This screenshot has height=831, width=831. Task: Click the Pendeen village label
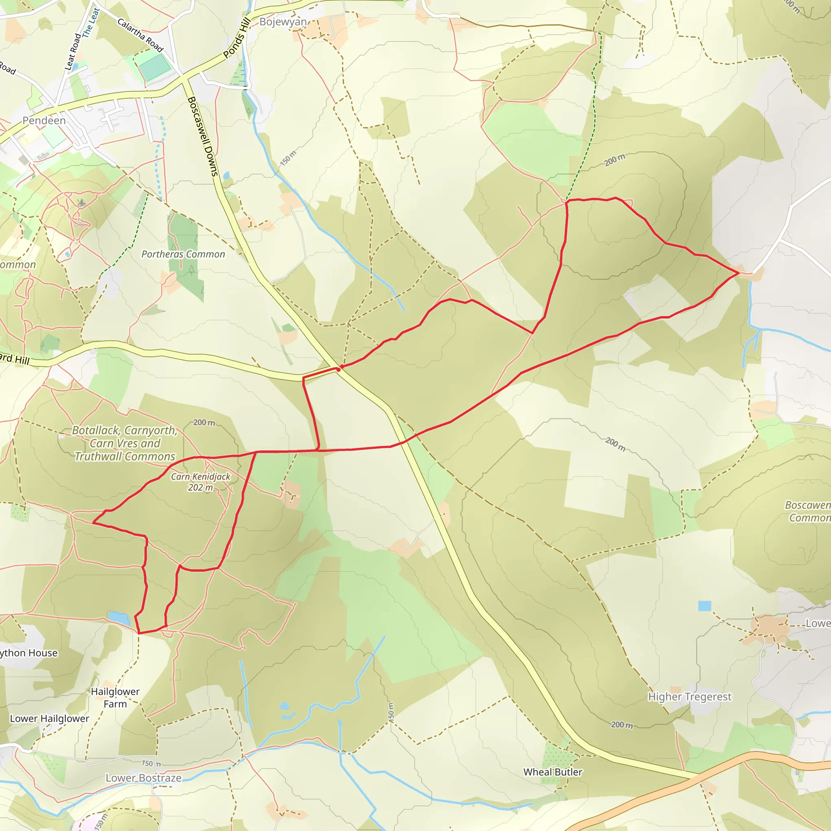(44, 121)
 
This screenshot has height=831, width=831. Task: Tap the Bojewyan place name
(283, 22)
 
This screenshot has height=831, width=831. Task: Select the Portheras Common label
(183, 254)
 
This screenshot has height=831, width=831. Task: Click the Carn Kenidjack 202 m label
(200, 482)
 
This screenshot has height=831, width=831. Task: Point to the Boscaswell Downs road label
(203, 136)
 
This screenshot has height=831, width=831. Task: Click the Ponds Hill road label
(237, 38)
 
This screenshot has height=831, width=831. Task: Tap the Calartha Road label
(140, 35)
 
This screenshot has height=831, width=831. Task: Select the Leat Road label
(72, 52)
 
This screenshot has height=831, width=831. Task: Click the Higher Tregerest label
(689, 696)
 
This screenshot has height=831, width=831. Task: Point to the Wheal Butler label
(553, 772)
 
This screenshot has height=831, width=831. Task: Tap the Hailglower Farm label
(115, 697)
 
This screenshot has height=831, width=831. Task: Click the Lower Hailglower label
(50, 718)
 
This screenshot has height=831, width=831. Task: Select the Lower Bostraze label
(144, 778)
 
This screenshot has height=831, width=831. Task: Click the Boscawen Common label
(807, 511)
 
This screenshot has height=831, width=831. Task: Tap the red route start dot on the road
(338, 369)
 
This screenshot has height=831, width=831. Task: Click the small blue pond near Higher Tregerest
(704, 606)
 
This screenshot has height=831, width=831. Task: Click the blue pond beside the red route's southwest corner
(119, 618)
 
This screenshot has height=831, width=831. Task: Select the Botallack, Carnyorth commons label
(125, 443)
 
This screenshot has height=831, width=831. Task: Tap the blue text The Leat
(91, 22)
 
